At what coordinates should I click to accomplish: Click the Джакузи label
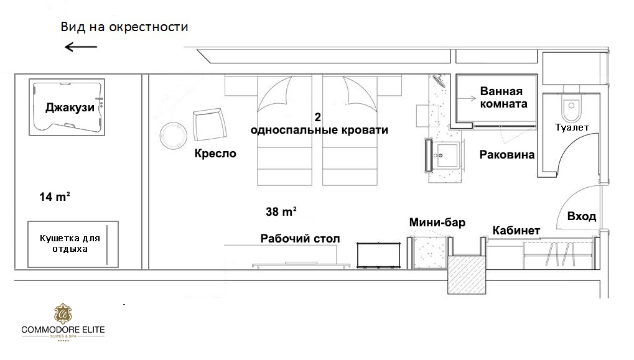pyautogui.click(x=70, y=108)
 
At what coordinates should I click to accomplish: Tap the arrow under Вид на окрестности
pyautogui.click(x=81, y=47)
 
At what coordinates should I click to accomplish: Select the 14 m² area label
pyautogui.click(x=55, y=196)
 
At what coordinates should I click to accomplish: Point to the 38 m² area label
pyautogui.click(x=281, y=211)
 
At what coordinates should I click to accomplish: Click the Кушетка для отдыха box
pyautogui.click(x=73, y=244)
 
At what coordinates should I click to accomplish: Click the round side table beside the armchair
pyautogui.click(x=173, y=136)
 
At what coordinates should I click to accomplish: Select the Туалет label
pyautogui.click(x=572, y=127)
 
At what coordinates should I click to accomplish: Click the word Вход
pyautogui.click(x=582, y=216)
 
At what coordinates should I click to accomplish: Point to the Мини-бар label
pyautogui.click(x=437, y=223)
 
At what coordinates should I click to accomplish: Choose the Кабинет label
pyautogui.click(x=516, y=230)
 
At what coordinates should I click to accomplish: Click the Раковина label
pyautogui.click(x=507, y=154)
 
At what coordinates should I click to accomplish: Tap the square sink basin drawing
pyautogui.click(x=447, y=154)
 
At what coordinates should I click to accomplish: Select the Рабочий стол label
pyautogui.click(x=300, y=238)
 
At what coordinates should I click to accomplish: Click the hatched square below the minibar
pyautogui.click(x=466, y=275)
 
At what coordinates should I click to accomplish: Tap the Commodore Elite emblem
pyautogui.click(x=63, y=313)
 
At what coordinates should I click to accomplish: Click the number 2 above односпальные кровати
pyautogui.click(x=318, y=117)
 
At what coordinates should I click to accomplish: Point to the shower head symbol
pyautogui.click(x=438, y=81)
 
